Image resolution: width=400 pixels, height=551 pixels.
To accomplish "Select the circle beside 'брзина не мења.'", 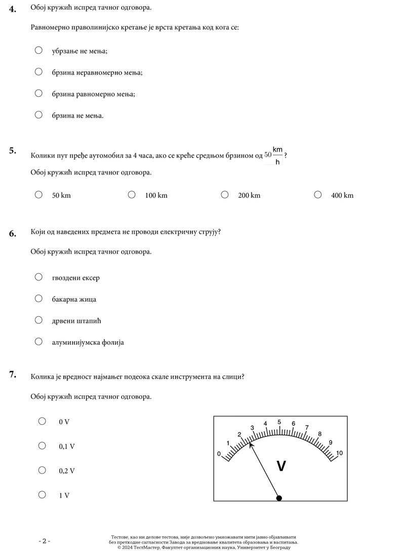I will pyautogui.click(x=38, y=115).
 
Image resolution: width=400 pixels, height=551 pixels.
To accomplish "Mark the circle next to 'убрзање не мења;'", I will pyautogui.click(x=38, y=50).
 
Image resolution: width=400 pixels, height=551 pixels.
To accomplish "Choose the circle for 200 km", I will pyautogui.click(x=225, y=194).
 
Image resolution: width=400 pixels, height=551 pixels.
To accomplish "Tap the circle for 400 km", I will pyautogui.click(x=318, y=194).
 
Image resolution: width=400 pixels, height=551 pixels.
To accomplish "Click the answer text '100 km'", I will pyautogui.click(x=156, y=195).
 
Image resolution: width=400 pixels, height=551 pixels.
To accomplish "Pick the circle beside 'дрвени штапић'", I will pyautogui.click(x=38, y=320).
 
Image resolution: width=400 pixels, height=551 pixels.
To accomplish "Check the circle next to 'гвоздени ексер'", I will pyautogui.click(x=38, y=277).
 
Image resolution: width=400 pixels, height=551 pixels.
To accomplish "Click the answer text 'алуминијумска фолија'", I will pyautogui.click(x=88, y=342).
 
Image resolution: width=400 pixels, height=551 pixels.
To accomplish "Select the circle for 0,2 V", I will pyautogui.click(x=43, y=470).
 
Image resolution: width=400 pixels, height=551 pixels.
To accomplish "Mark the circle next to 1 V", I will pyautogui.click(x=43, y=494).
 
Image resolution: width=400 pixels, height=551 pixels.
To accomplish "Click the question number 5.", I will pyautogui.click(x=13, y=150).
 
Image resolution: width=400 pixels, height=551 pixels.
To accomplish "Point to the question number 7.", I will pyautogui.click(x=13, y=375).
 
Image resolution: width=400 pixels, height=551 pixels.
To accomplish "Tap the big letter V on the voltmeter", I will pyautogui.click(x=281, y=466).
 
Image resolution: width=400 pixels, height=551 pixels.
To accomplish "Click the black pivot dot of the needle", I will pyautogui.click(x=279, y=498).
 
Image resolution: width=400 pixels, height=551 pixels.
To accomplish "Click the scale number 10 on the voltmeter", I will pyautogui.click(x=339, y=453).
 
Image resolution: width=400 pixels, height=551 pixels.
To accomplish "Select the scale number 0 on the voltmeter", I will pyautogui.click(x=219, y=454).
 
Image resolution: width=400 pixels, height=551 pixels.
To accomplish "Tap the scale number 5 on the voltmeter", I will pyautogui.click(x=279, y=422).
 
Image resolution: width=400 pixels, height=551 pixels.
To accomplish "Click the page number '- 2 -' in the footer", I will pyautogui.click(x=45, y=541).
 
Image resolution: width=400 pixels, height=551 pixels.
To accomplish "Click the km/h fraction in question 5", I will pyautogui.click(x=277, y=155).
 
